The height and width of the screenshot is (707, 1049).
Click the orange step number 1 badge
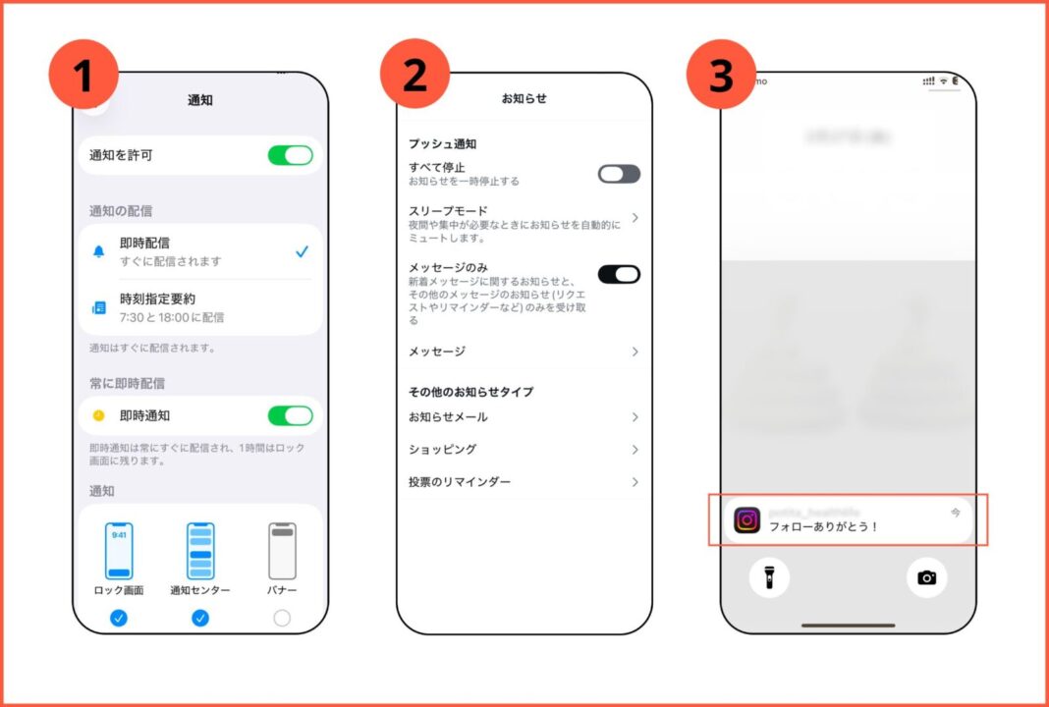click(83, 75)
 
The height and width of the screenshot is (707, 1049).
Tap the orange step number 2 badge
click(414, 75)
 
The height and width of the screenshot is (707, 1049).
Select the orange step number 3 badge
click(721, 75)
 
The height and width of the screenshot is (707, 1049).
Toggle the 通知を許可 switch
click(290, 155)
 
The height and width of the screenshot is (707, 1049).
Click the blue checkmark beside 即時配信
click(303, 252)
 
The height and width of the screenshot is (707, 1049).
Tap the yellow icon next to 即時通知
click(98, 416)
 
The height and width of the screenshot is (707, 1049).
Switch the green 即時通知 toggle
click(290, 416)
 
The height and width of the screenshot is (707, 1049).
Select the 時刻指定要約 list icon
click(98, 307)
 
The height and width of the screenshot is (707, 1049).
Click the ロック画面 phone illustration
click(119, 551)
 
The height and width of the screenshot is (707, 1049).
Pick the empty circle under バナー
click(282, 618)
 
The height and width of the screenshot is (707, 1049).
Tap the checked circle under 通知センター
click(200, 618)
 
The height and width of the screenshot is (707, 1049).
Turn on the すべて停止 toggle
click(619, 174)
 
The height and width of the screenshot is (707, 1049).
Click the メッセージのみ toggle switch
click(619, 274)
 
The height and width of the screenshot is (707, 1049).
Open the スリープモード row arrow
click(635, 217)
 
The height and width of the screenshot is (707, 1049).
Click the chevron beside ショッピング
click(635, 450)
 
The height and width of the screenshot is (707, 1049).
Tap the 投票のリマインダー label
click(460, 482)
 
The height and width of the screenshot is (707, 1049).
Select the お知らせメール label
click(448, 417)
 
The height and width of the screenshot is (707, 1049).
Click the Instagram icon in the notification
click(747, 520)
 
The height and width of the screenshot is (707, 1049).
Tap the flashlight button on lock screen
click(769, 577)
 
